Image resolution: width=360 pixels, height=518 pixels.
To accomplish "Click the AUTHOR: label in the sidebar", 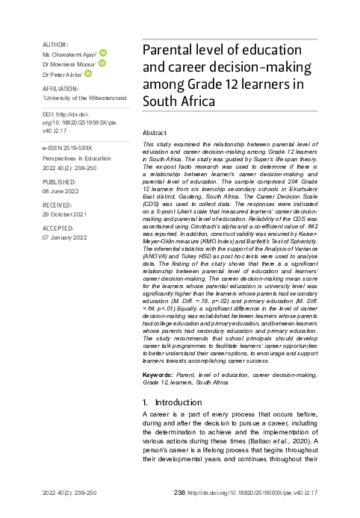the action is pyautogui.click(x=56, y=45).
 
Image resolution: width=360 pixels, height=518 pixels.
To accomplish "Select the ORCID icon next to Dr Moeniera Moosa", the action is pyautogui.click(x=101, y=64).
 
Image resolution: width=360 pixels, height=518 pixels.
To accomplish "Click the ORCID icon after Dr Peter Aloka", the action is pyautogui.click(x=87, y=74).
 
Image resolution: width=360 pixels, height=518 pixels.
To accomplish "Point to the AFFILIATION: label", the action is pyautogui.click(x=61, y=87).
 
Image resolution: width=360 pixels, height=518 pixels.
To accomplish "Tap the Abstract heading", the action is pyautogui.click(x=155, y=131).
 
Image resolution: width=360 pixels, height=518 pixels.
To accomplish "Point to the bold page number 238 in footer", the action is pyautogui.click(x=179, y=493).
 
